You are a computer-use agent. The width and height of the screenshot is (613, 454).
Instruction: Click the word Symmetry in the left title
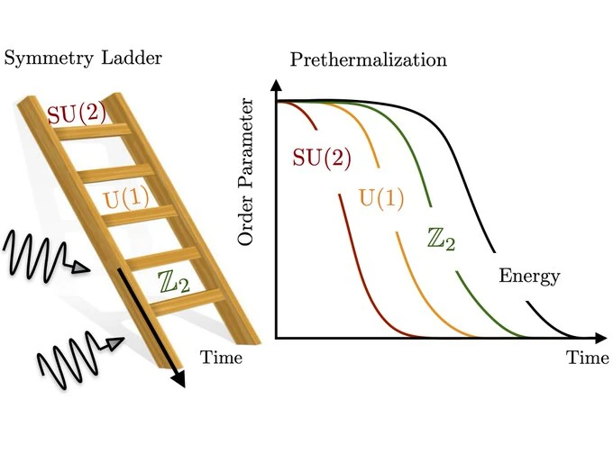click(49, 59)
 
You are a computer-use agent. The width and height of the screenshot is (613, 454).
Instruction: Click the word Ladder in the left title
click(132, 58)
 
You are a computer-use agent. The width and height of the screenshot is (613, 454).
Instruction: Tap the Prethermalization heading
click(369, 59)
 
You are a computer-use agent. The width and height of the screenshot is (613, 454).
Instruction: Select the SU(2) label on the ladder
click(77, 114)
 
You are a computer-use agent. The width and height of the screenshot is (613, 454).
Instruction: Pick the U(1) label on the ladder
click(126, 199)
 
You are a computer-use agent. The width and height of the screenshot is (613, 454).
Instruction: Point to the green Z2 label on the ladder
click(174, 282)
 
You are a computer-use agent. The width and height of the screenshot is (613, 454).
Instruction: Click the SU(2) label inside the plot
click(322, 159)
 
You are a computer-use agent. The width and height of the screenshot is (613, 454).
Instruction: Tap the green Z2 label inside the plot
click(442, 239)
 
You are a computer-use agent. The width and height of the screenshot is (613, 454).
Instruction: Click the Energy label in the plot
click(530, 277)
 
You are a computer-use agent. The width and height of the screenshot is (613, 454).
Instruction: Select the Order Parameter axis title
click(245, 172)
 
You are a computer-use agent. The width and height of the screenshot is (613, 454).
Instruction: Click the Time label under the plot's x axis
click(588, 358)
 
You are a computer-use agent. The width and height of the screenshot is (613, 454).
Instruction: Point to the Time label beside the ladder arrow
click(221, 357)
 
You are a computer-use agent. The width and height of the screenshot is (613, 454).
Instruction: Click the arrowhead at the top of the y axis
click(277, 85)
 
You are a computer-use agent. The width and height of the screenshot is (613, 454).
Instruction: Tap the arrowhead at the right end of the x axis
click(600, 338)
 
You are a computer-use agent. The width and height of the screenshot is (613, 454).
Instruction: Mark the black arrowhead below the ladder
click(178, 379)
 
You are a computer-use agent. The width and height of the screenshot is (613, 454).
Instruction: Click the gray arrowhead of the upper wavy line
click(82, 268)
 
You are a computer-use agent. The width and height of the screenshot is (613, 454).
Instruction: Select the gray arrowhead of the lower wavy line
click(114, 342)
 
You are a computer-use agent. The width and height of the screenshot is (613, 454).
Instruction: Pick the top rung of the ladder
click(93, 132)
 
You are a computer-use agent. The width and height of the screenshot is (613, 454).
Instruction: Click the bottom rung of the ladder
click(188, 302)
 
